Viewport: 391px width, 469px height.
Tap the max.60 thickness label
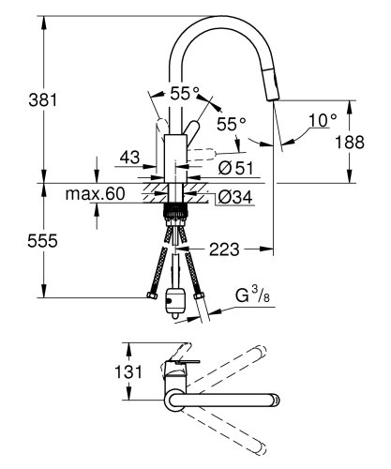(94, 195)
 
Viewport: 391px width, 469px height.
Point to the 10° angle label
(322, 119)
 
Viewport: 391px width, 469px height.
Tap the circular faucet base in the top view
(174, 401)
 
